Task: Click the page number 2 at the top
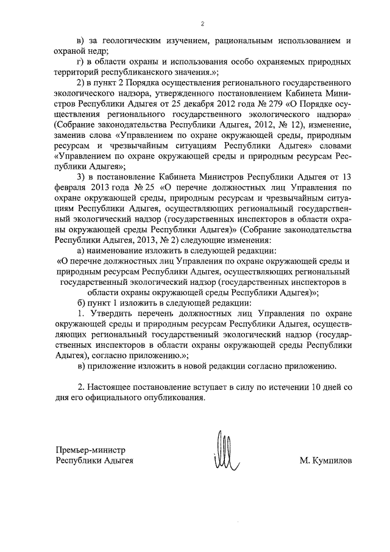point(202,24)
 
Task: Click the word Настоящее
point(114,387)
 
